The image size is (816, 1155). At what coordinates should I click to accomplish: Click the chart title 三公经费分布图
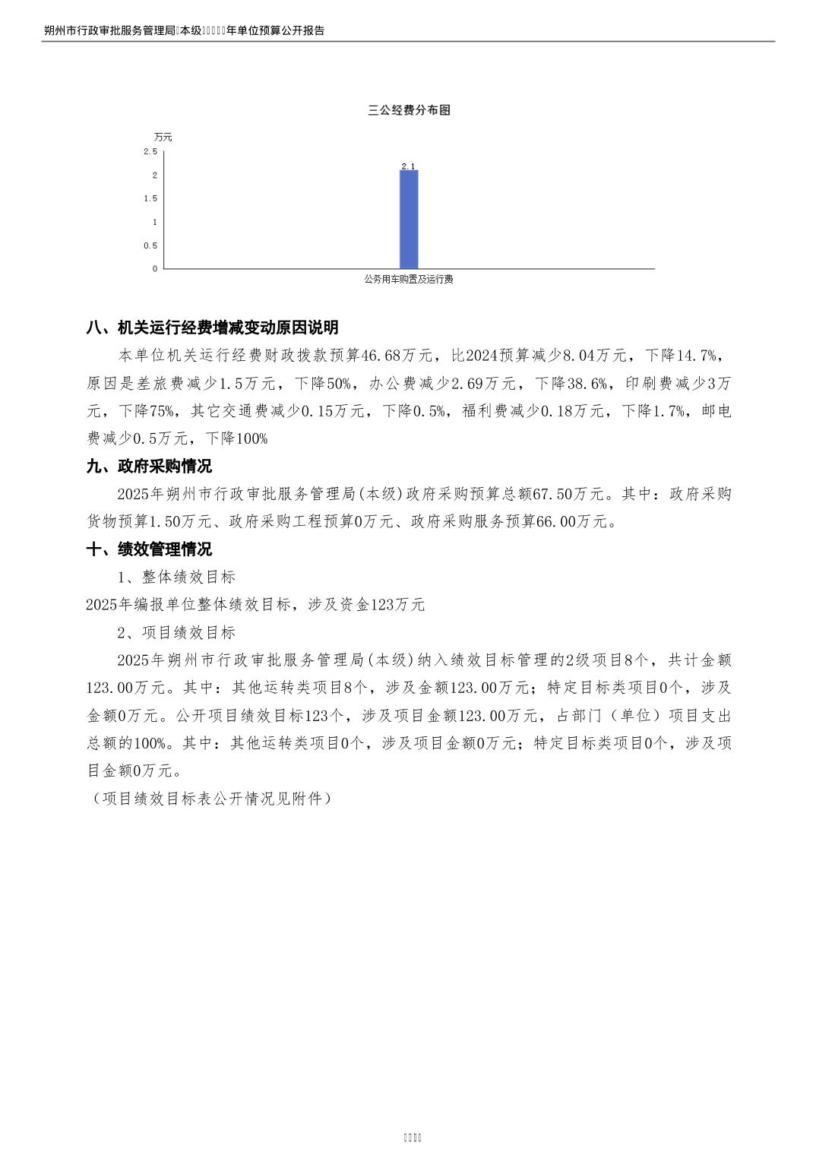tap(409, 110)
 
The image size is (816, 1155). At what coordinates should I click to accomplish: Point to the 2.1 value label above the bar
tap(409, 166)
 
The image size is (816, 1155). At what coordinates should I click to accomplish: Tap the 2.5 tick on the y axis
tap(150, 152)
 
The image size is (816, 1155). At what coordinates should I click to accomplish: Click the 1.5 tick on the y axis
tap(150, 198)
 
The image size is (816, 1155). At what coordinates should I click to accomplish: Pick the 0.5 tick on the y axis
tap(150, 245)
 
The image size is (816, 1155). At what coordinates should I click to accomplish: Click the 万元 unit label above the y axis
tap(163, 138)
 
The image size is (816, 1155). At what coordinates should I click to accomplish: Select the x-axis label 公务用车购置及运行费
tap(409, 280)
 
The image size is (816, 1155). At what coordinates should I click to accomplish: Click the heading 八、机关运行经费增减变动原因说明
tap(213, 328)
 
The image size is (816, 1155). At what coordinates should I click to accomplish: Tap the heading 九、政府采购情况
tap(150, 466)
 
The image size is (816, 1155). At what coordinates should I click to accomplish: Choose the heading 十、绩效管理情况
tap(150, 549)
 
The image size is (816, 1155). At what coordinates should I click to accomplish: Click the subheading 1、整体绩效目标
tap(176, 577)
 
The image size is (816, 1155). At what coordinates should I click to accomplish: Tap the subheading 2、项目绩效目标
tap(176, 632)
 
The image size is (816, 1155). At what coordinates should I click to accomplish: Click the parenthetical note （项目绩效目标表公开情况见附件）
tap(210, 799)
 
